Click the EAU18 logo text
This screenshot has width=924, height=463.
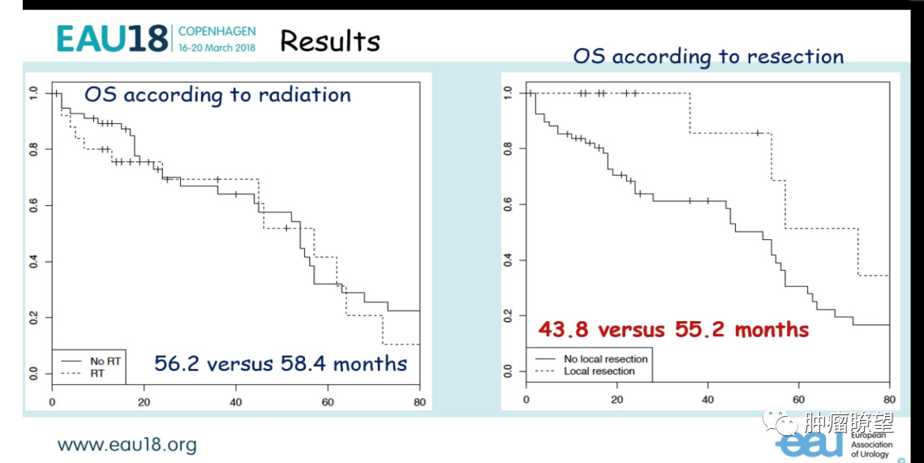pyautogui.click(x=113, y=37)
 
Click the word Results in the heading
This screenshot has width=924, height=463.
pyautogui.click(x=329, y=41)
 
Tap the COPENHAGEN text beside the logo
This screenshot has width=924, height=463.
pyautogui.click(x=217, y=32)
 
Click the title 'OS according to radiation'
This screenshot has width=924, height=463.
pyautogui.click(x=217, y=95)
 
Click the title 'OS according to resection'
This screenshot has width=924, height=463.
pyautogui.click(x=708, y=56)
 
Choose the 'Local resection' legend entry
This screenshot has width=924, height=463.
pyautogui.click(x=597, y=371)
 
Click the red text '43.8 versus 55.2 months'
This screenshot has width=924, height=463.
pyautogui.click(x=673, y=329)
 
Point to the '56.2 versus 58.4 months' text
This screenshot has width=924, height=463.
pyautogui.click(x=281, y=362)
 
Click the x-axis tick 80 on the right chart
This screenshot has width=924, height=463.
pyautogui.click(x=889, y=399)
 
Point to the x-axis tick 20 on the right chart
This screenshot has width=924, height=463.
pyautogui.click(x=617, y=399)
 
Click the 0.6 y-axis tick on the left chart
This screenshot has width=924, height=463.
pyautogui.click(x=33, y=207)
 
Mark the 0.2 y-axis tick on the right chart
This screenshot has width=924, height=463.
pyautogui.click(x=509, y=315)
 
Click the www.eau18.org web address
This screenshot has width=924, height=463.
pyautogui.click(x=127, y=444)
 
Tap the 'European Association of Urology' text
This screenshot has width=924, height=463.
pyautogui.click(x=871, y=444)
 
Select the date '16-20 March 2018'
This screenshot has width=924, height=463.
pyautogui.click(x=217, y=47)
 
